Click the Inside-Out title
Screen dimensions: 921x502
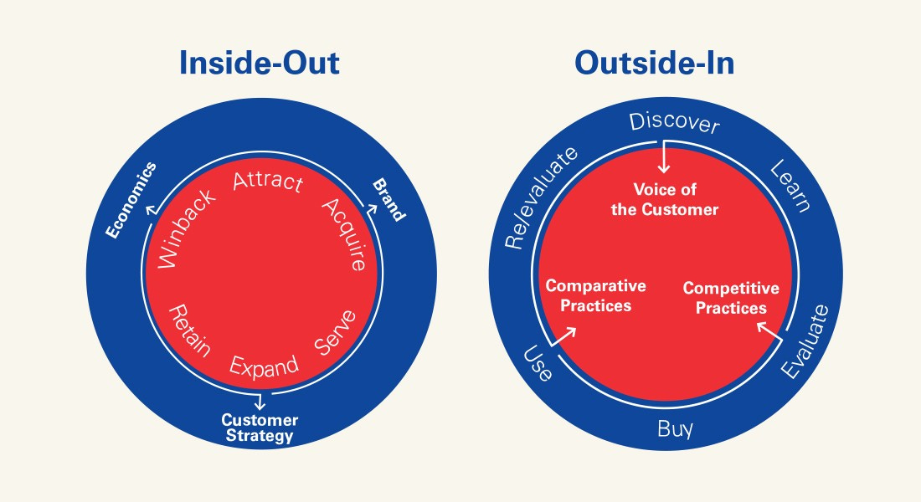(x=260, y=64)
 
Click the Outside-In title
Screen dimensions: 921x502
(x=654, y=64)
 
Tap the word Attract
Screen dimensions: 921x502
(x=267, y=181)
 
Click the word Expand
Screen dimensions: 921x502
(x=264, y=366)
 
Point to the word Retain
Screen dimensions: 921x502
(x=189, y=330)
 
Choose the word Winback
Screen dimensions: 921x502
(x=186, y=229)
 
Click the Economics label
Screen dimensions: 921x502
(x=131, y=198)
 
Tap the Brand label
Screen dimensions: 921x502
(x=388, y=199)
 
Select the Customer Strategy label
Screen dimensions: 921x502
(x=260, y=428)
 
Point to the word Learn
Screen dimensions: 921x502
(x=790, y=185)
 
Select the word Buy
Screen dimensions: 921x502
(x=675, y=430)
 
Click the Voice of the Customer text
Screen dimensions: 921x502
(x=665, y=200)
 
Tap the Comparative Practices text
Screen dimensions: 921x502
(x=596, y=295)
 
